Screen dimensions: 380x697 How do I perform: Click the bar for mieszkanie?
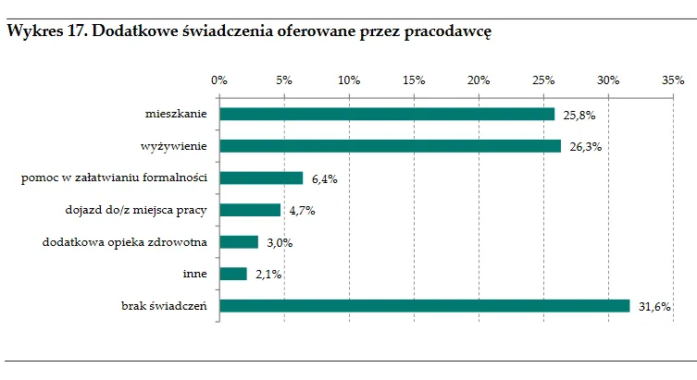pyautogui.click(x=387, y=114)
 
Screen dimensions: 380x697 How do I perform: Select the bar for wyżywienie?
pyautogui.click(x=390, y=146)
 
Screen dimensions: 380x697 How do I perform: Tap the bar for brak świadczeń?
pyautogui.click(x=424, y=306)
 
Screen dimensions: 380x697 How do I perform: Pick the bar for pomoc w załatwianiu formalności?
pyautogui.click(x=261, y=178)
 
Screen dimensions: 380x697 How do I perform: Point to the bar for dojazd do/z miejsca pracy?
pyautogui.click(x=250, y=210)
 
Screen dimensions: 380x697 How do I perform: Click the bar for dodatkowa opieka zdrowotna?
pyautogui.click(x=239, y=242)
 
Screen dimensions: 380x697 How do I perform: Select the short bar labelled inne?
pyautogui.click(x=233, y=274)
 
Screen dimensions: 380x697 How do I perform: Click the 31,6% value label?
pyautogui.click(x=655, y=307)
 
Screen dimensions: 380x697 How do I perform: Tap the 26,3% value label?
pyautogui.click(x=587, y=147)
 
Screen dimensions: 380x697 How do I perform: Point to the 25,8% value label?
pyautogui.click(x=580, y=115)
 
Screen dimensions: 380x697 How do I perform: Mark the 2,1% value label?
pyautogui.click(x=268, y=275)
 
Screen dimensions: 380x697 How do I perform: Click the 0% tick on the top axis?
pyautogui.click(x=219, y=80)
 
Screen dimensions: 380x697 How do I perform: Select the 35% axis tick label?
pyautogui.click(x=673, y=80)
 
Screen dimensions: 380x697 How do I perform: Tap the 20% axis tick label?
pyautogui.click(x=479, y=80)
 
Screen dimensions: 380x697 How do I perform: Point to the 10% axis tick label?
pyautogui.click(x=349, y=80)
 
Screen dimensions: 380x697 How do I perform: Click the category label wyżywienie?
pyautogui.click(x=173, y=146)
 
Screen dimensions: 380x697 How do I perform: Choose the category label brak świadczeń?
pyautogui.click(x=164, y=306)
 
